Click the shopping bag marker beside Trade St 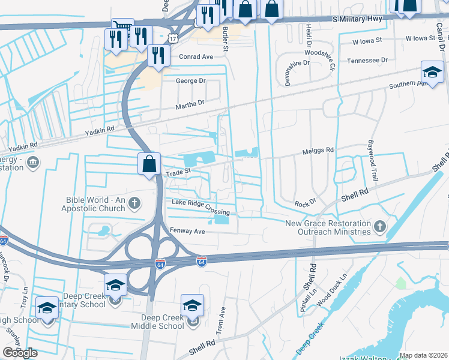(149, 164)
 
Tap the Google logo (20, 353)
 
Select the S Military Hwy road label (358, 20)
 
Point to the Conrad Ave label (196, 57)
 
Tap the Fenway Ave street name (188, 230)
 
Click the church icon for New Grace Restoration (379, 226)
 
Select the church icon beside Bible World (134, 203)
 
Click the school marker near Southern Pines (432, 73)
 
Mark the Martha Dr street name (190, 103)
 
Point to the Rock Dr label (304, 203)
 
